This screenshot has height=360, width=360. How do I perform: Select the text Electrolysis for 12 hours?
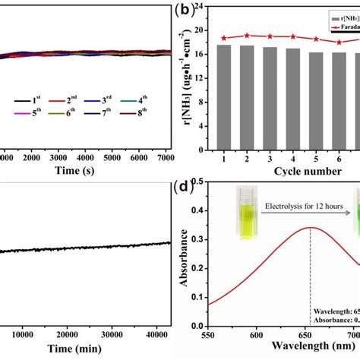(300, 205)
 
